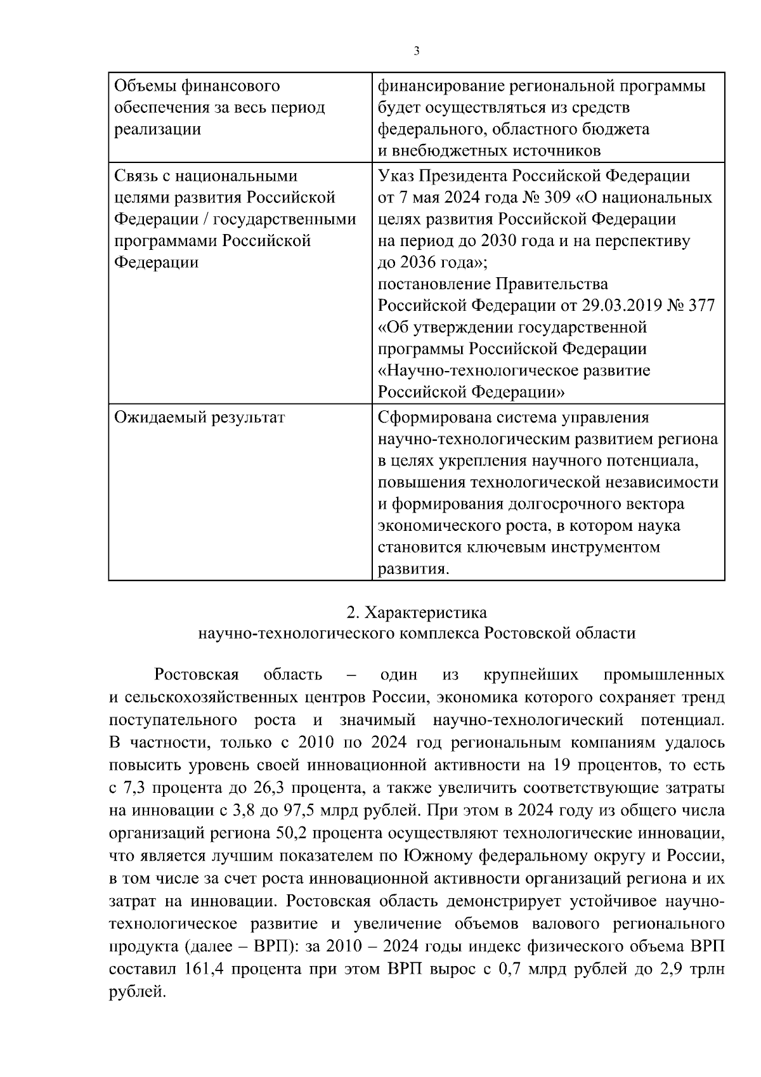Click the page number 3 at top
(416, 52)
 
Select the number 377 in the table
(701, 306)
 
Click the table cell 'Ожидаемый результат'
(199, 417)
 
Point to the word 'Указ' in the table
(396, 176)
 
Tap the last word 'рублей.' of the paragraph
(137, 991)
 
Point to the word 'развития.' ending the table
(413, 569)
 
